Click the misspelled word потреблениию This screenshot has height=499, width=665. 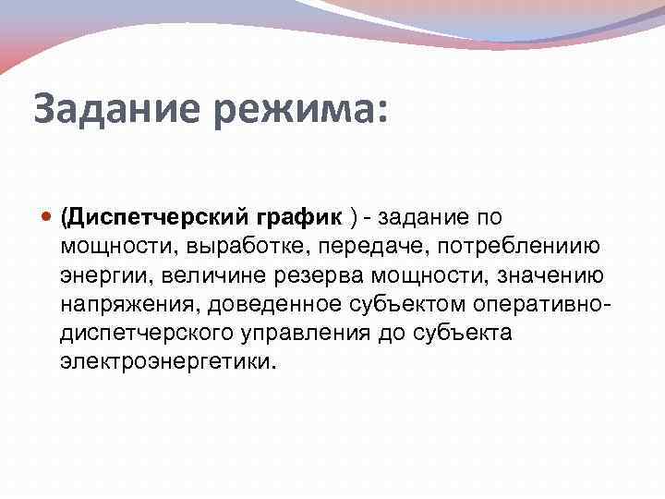point(518,247)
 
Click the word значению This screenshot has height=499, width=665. point(552,275)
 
